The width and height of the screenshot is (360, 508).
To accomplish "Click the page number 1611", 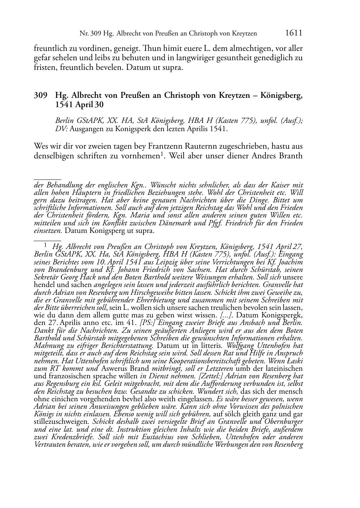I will pyautogui.click(x=294, y=33).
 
